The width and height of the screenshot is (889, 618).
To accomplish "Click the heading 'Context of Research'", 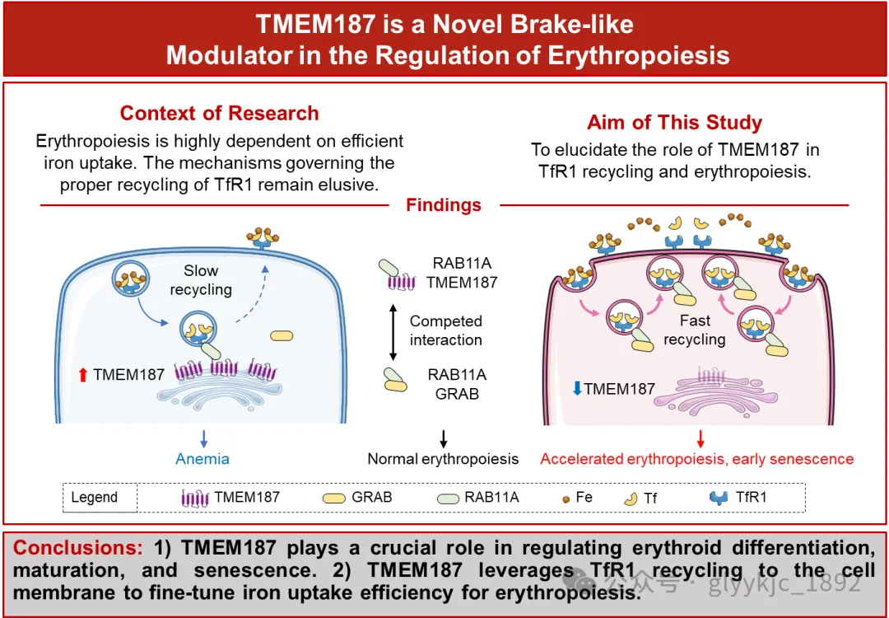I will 219,113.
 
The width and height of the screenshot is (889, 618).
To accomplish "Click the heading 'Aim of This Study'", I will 674,123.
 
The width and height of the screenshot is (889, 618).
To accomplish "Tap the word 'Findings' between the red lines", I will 444,204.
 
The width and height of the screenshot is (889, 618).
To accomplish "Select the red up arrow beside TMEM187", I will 82,375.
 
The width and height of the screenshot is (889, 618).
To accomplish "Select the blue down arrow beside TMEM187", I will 577,388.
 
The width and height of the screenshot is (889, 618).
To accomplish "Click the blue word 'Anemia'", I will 202,459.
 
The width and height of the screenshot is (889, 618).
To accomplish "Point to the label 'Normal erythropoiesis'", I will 443,459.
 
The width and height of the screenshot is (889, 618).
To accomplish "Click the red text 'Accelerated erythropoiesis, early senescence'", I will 696,459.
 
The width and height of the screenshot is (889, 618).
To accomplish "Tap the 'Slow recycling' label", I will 201,279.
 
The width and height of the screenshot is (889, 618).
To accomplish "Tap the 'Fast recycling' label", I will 695,330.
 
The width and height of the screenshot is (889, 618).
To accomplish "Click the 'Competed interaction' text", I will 445,330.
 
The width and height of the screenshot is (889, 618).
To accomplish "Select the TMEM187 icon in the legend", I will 195,498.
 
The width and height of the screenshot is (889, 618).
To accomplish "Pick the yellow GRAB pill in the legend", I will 334,498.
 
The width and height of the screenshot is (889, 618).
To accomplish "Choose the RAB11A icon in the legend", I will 447,498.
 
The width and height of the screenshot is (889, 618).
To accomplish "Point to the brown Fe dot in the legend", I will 565,498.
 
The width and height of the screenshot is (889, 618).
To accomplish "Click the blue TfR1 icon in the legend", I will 720,498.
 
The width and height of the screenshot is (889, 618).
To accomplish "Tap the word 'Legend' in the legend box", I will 94,498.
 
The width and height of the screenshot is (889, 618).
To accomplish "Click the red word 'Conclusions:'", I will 78,548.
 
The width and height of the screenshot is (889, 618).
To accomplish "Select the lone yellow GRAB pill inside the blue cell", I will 282,335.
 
